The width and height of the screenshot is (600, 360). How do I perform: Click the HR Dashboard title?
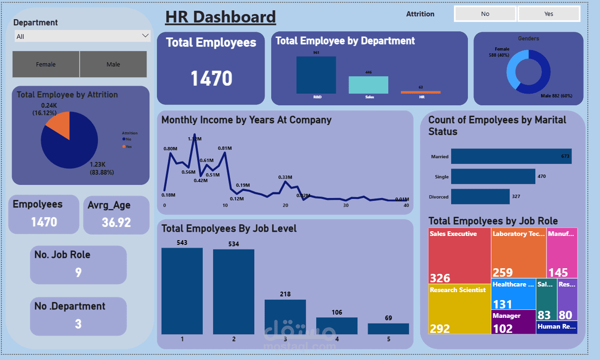220,17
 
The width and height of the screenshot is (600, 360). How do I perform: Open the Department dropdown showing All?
82,36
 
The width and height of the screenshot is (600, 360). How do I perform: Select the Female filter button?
46,65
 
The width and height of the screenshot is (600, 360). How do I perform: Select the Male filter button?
113,65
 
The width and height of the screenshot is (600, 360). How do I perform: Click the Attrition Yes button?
548,14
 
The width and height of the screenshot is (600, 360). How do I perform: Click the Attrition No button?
485,14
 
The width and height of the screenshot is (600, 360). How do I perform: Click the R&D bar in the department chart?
316,75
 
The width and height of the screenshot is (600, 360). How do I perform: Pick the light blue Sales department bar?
368,85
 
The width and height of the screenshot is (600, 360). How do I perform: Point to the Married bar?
511,156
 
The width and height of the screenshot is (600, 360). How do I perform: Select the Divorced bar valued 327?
480,197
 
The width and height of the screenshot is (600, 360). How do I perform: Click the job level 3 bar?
285,317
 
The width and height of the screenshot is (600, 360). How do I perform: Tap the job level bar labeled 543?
182,290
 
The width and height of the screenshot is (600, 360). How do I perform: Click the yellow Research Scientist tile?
459,309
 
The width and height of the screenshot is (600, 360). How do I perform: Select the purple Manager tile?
513,322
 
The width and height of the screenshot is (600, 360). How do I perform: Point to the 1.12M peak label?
194,139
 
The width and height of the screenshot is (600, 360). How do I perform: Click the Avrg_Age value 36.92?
116,222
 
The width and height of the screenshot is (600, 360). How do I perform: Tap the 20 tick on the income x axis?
285,206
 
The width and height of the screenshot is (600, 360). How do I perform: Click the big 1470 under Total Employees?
211,79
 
